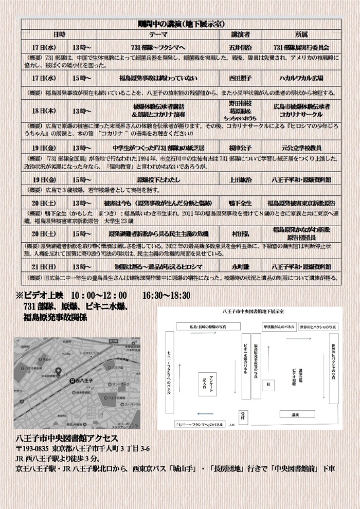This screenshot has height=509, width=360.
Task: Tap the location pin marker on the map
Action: pos(58,371)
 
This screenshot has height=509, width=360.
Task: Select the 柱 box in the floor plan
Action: pos(267,384)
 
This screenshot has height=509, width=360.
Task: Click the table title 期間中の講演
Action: pos(179,24)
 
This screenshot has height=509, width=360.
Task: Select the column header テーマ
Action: pos(155,34)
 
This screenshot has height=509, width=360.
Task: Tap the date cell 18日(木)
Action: pos(43,111)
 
